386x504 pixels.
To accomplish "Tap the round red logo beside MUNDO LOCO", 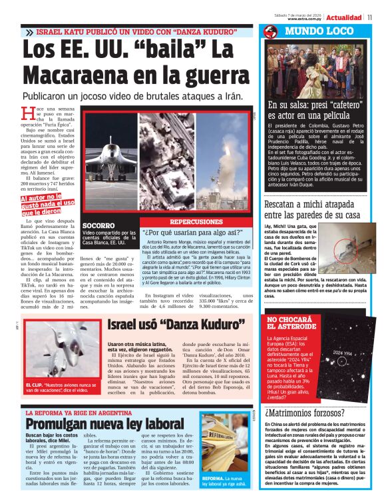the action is click(x=270, y=31).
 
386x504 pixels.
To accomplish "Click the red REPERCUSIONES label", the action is click(x=196, y=221).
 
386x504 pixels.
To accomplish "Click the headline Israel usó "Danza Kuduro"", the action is click(x=174, y=325).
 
